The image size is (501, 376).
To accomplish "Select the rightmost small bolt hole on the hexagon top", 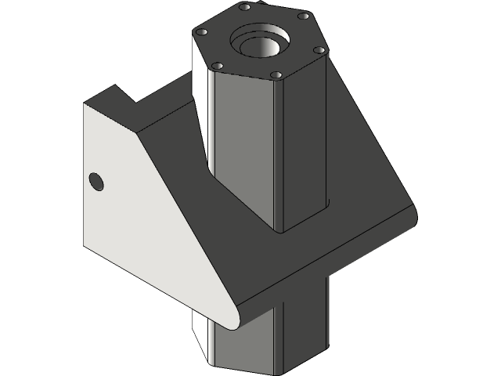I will (x=319, y=49).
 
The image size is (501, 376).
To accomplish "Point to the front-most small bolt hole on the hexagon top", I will (x=275, y=75).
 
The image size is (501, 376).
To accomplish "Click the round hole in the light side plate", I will (x=96, y=182).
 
